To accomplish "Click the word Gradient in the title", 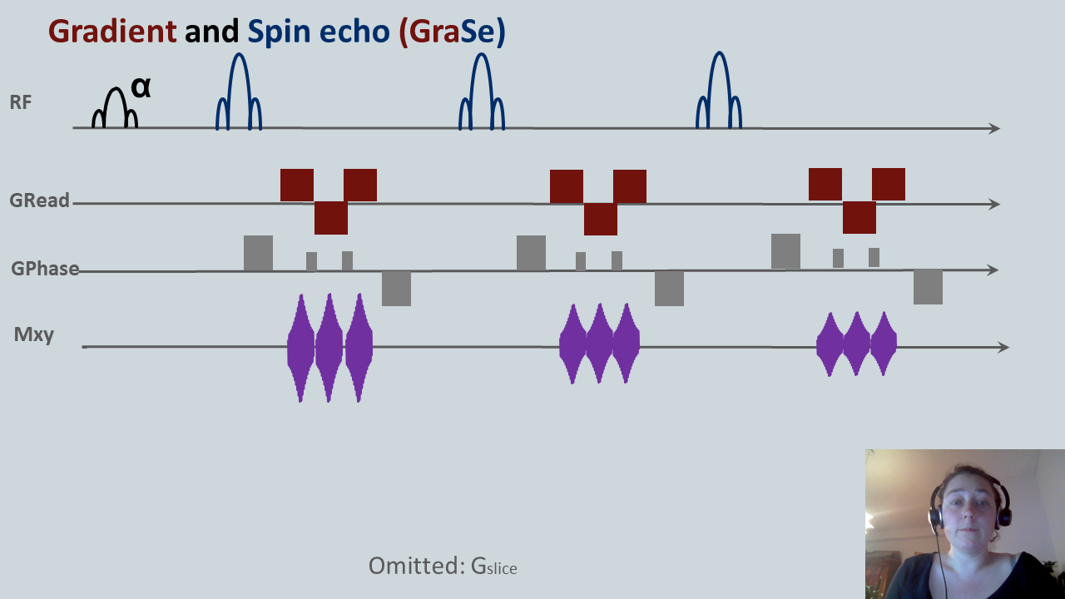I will [x=112, y=32].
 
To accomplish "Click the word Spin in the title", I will [x=278, y=32].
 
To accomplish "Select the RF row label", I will [x=21, y=103].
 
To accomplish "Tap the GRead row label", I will [x=39, y=201].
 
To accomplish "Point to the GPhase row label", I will [x=45, y=269].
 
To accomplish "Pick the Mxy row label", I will [x=34, y=334].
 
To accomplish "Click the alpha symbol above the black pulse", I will [x=141, y=87].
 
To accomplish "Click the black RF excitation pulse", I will [x=114, y=108].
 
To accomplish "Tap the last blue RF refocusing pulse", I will [x=719, y=92].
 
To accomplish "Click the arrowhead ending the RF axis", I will [x=993, y=128].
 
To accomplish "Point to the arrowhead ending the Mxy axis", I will [x=1003, y=347].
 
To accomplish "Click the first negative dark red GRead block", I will [x=330, y=218].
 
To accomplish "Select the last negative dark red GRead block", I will [x=859, y=217].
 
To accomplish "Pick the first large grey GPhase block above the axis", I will [x=258, y=253].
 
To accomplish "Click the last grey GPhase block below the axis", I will [x=928, y=287].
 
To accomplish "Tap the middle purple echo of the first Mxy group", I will [x=329, y=348].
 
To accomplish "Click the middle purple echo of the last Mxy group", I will [x=856, y=344].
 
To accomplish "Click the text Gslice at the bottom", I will [x=493, y=567].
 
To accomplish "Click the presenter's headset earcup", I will [x=935, y=517].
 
